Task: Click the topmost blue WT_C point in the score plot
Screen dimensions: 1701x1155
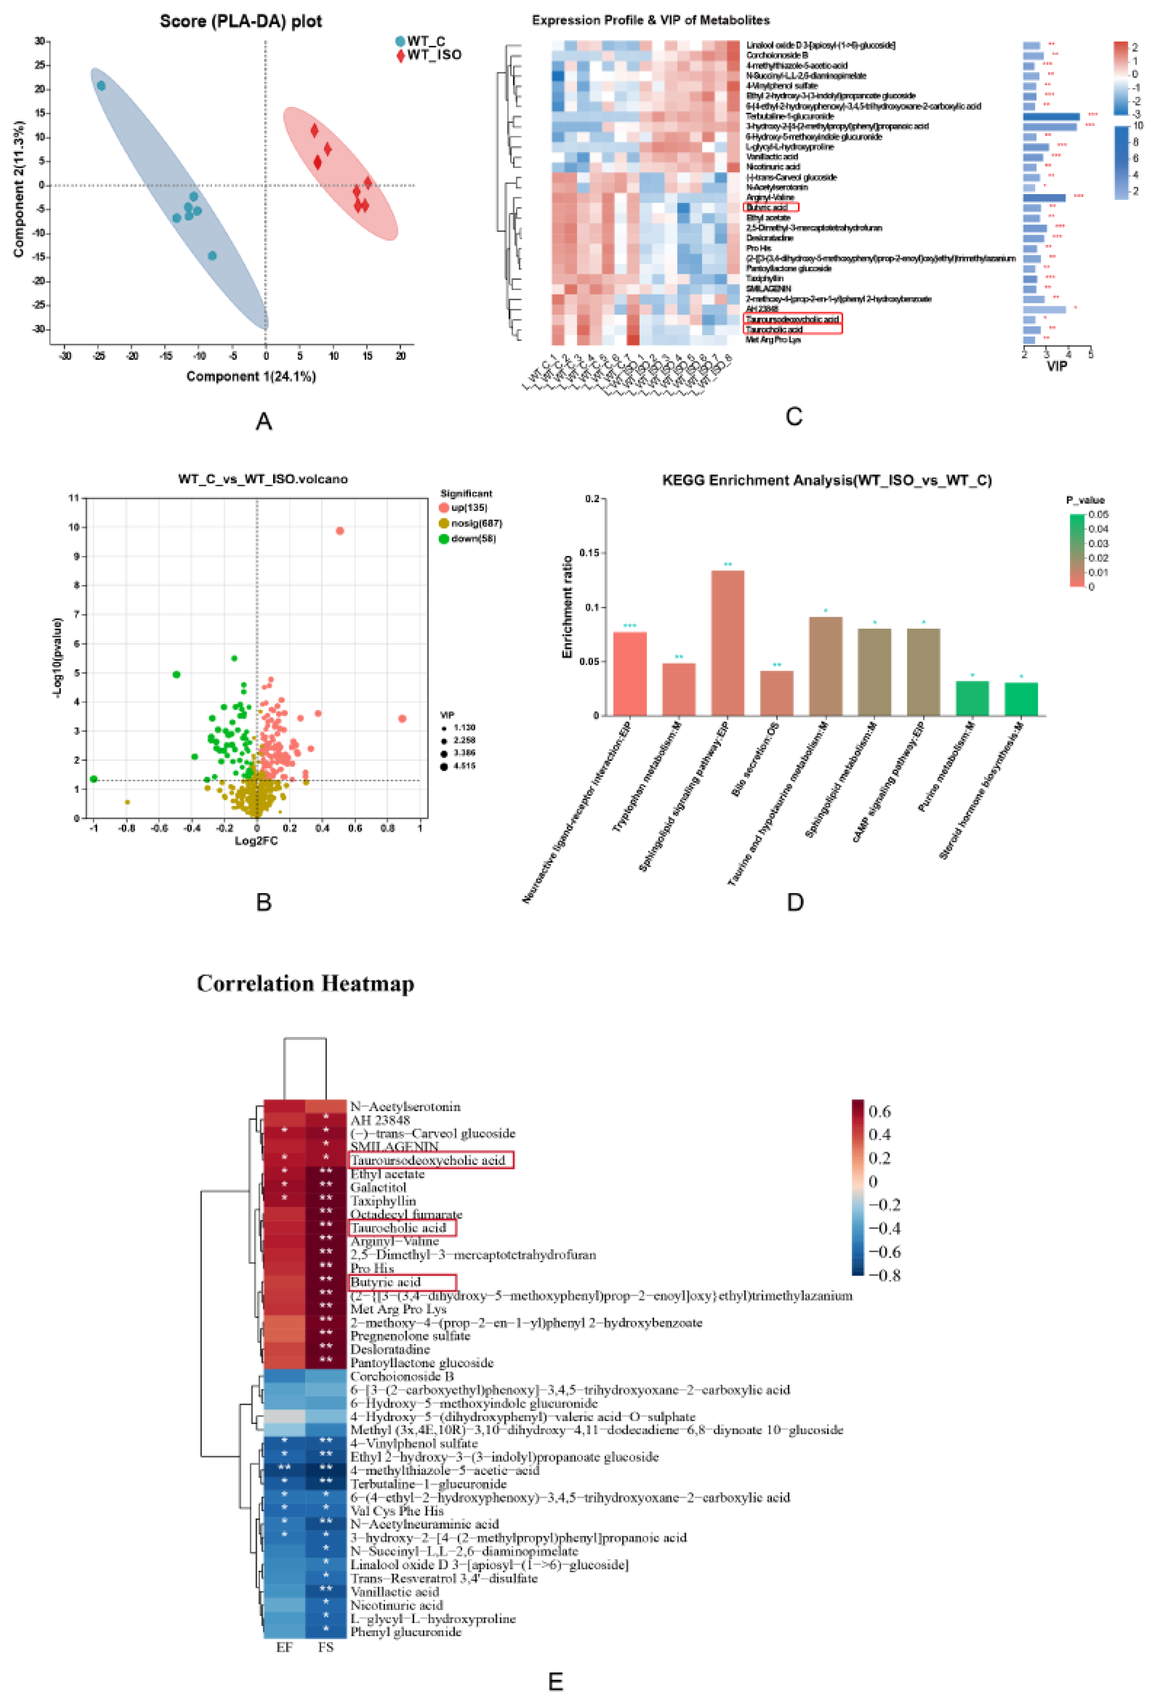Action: pyautogui.click(x=101, y=86)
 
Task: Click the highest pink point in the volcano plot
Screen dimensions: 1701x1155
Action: pyautogui.click(x=339, y=531)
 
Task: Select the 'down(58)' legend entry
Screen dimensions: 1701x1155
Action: pyautogui.click(x=472, y=539)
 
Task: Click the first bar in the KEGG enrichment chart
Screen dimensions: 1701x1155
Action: pyautogui.click(x=629, y=673)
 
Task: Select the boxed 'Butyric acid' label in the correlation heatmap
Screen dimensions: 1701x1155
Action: pyautogui.click(x=385, y=1282)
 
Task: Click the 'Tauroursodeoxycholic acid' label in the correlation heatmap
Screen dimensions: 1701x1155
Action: pyautogui.click(x=428, y=1160)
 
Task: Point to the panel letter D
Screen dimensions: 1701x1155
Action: pyautogui.click(x=795, y=902)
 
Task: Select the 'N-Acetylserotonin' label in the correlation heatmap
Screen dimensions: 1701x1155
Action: pyautogui.click(x=405, y=1107)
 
